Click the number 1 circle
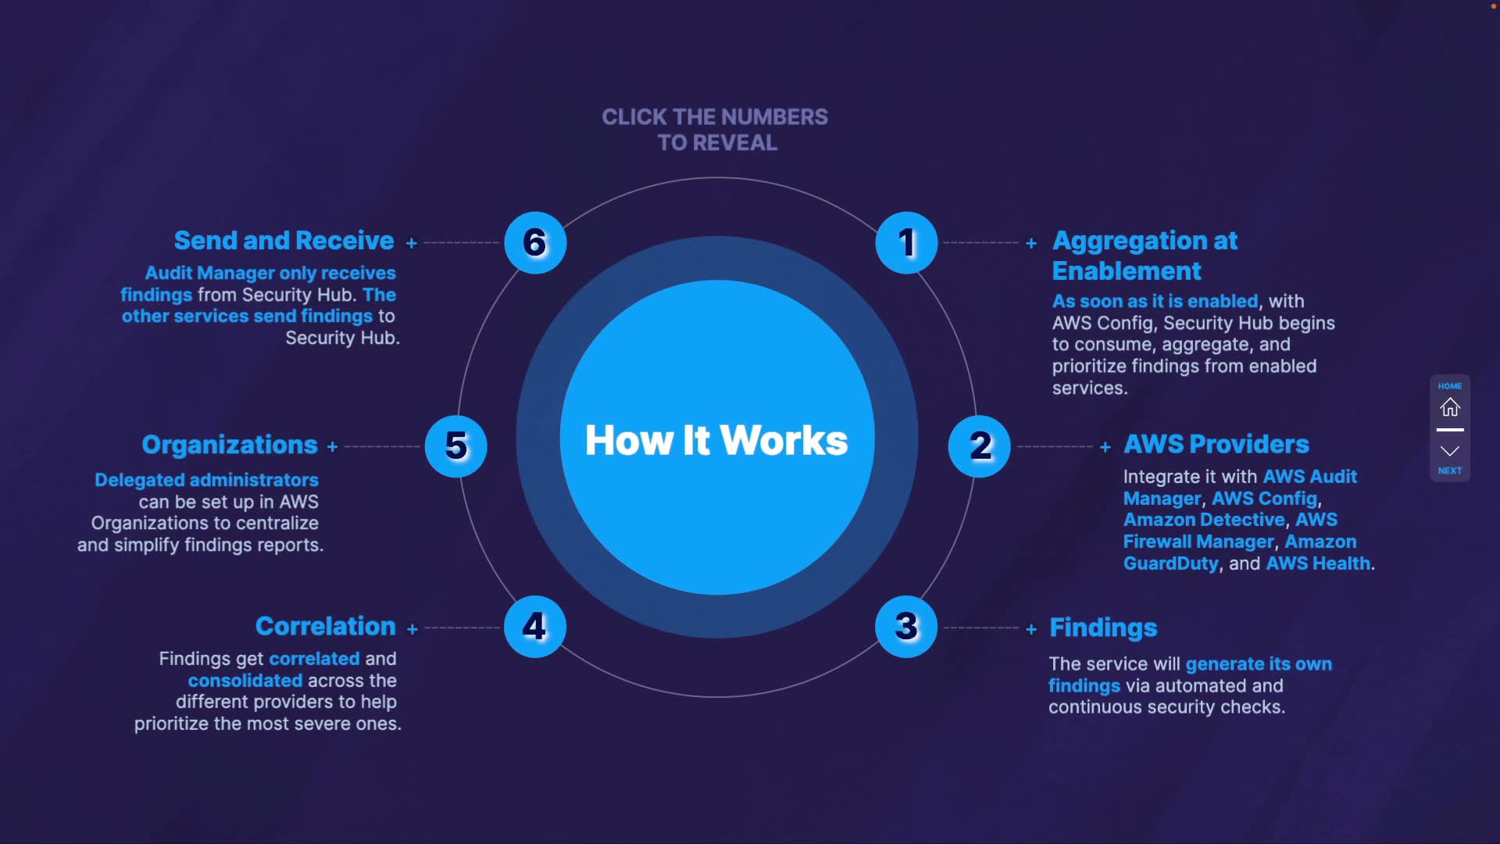[906, 243]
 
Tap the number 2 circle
[979, 446]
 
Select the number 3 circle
[906, 626]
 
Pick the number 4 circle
[535, 626]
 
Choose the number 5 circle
[456, 446]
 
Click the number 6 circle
[535, 243]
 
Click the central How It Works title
[716, 440]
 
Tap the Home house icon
[1450, 407]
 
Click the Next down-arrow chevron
[1450, 451]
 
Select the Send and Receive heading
[284, 241]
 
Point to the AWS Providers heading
[1216, 445]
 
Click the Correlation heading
[325, 626]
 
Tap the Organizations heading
[230, 445]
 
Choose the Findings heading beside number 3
[1103, 628]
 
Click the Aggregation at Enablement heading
[1145, 256]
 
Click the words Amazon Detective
[1203, 520]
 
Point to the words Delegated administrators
[206, 480]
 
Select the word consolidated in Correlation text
[245, 681]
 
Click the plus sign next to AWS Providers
[1105, 447]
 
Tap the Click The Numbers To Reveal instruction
[715, 130]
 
